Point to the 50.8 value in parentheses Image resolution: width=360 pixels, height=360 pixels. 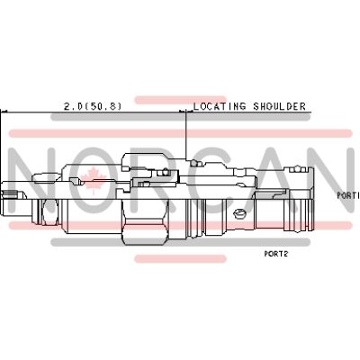[x=103, y=105]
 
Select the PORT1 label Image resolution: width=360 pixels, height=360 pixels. [x=347, y=194]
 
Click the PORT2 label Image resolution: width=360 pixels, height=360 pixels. [x=275, y=254]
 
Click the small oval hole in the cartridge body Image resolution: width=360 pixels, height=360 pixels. [x=239, y=213]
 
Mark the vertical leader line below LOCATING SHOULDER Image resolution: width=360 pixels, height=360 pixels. [x=185, y=135]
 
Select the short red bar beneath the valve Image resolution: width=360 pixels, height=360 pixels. [x=179, y=259]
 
